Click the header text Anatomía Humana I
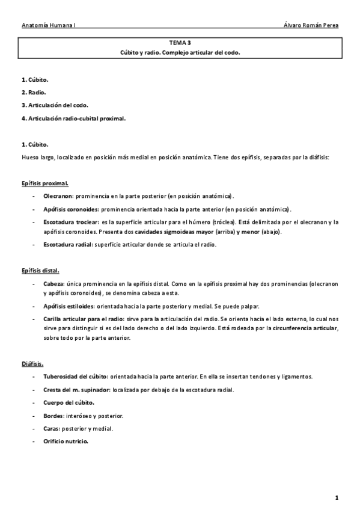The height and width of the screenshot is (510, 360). (48, 26)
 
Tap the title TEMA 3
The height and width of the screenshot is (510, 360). (180, 43)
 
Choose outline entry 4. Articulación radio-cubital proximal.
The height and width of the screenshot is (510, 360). (73, 118)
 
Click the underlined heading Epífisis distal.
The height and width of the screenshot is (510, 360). (40, 271)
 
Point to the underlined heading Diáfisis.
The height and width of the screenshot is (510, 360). (32, 363)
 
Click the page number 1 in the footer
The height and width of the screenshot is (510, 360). (337, 497)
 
